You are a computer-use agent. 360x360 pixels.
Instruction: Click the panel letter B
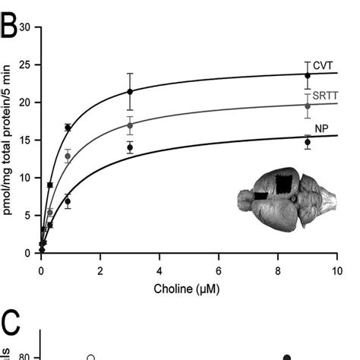click(10, 17)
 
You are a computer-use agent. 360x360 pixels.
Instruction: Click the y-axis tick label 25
click(25, 65)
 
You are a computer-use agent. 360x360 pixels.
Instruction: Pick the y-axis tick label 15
click(25, 140)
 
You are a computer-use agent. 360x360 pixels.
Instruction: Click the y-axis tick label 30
click(25, 27)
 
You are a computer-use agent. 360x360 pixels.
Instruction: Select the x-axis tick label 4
click(159, 270)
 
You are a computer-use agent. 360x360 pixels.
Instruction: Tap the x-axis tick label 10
click(337, 270)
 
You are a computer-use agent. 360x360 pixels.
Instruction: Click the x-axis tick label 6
click(219, 270)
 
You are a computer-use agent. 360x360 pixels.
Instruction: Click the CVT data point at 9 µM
click(308, 75)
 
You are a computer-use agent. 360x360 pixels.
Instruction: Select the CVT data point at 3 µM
click(130, 92)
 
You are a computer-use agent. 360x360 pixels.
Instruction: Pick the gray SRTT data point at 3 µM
click(130, 125)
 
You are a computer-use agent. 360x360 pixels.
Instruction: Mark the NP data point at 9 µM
click(308, 142)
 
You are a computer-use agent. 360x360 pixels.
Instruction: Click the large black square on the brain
click(284, 185)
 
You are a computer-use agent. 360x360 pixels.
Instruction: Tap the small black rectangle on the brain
click(261, 195)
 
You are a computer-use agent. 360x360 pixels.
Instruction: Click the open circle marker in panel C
click(90, 357)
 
